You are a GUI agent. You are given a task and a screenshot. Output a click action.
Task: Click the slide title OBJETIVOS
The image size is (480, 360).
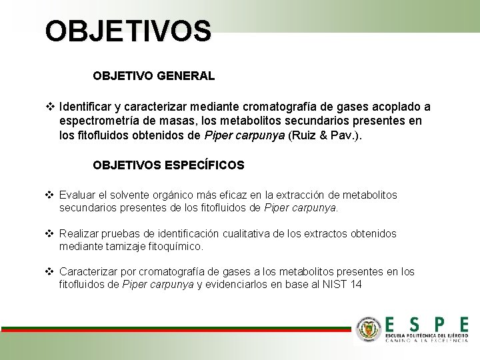point(128,31)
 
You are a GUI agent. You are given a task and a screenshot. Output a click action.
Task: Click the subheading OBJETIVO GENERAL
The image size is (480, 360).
point(153,76)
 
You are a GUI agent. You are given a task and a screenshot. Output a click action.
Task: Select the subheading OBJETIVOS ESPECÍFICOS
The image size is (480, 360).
point(169,165)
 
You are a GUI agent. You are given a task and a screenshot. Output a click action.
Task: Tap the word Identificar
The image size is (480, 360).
point(87,107)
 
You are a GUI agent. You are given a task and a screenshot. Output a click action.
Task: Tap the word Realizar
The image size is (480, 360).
point(79,234)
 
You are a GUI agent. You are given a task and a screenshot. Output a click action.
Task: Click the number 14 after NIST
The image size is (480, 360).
point(356,285)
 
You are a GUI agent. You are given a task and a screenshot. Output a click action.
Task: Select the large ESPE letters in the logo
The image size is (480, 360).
point(427,323)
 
